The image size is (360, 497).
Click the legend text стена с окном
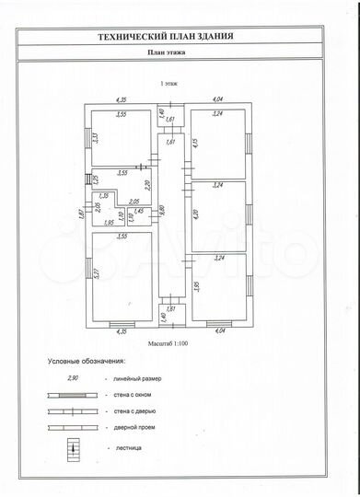pyautogui.click(x=133, y=396)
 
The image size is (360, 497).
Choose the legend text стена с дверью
pyautogui.click(x=134, y=412)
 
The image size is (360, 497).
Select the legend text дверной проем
pyautogui.click(x=134, y=429)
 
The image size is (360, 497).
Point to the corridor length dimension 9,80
pyautogui.click(x=162, y=209)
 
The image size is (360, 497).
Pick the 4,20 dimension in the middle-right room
pyautogui.click(x=196, y=214)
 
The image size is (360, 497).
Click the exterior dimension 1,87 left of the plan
pyautogui.click(x=81, y=214)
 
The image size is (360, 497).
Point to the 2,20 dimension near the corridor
pyautogui.click(x=146, y=184)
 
